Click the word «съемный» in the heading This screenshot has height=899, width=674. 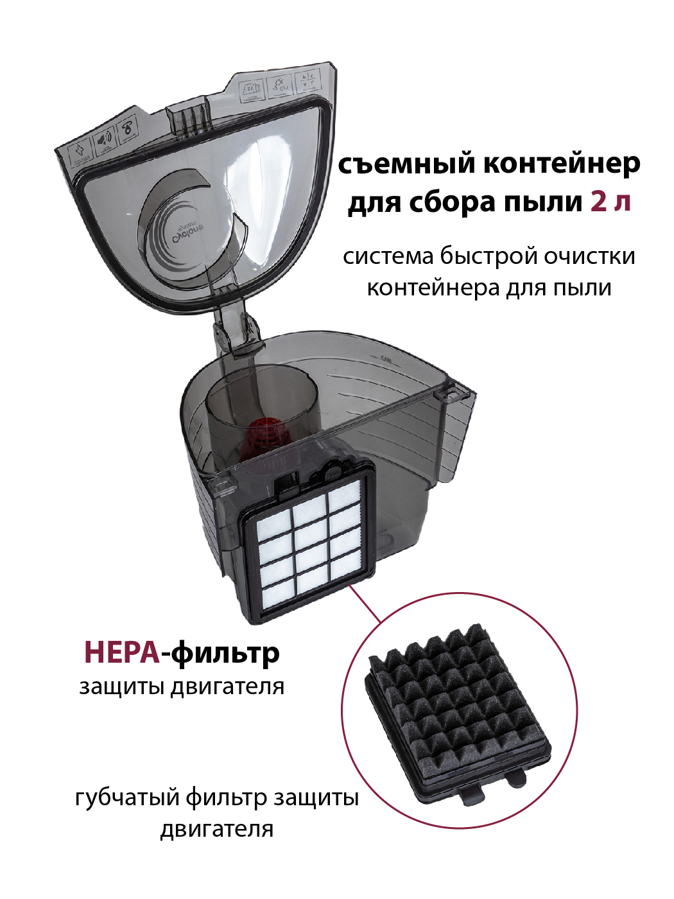(407, 164)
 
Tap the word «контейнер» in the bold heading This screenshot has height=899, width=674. (562, 164)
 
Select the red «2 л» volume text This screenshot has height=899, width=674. (610, 202)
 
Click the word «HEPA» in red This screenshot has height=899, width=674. (121, 652)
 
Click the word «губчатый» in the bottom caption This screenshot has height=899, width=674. (126, 798)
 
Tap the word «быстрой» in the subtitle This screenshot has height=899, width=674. (488, 256)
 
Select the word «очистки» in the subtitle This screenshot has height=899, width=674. (590, 256)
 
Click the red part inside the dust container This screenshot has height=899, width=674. (264, 433)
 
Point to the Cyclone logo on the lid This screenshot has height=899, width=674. (188, 234)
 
